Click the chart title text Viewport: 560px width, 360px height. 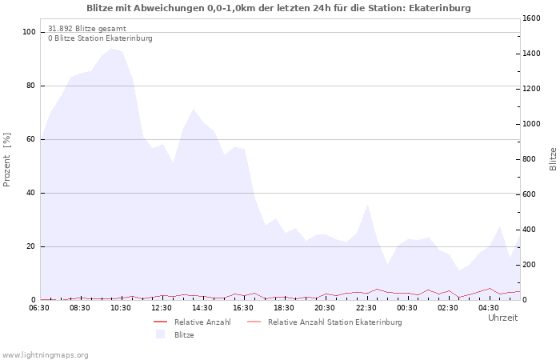tap(278, 8)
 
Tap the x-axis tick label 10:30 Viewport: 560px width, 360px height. tap(122, 307)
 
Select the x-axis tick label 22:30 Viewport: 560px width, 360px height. tap(366, 307)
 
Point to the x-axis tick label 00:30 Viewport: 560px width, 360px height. tap(407, 307)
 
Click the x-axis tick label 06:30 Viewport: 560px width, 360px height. tap(40, 307)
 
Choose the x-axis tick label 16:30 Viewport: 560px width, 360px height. tap(244, 307)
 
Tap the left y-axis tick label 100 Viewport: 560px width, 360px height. tap(29, 32)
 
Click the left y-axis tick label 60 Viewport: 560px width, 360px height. tap(31, 139)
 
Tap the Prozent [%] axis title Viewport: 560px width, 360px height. tap(7, 160)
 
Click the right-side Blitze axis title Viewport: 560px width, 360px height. tap(553, 158)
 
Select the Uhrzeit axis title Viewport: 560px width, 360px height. tap(502, 318)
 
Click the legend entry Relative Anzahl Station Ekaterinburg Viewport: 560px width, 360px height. tap(334, 322)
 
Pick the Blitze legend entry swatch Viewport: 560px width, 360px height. tap(160, 334)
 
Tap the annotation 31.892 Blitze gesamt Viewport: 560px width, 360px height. tap(86, 29)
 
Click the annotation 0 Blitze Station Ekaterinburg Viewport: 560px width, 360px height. tap(100, 38)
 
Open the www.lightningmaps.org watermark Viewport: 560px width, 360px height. tap(45, 354)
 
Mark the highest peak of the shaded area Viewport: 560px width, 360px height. tap(111, 48)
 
